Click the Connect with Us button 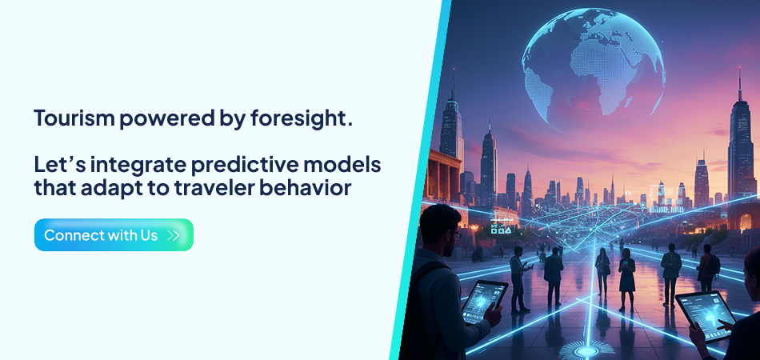(114, 235)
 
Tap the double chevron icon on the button (174, 236)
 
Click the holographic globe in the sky (592, 59)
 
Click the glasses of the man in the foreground (453, 234)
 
